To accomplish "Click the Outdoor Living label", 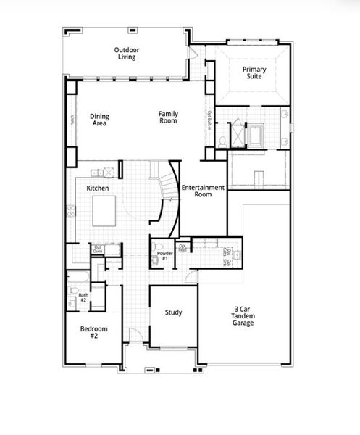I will point(127,53).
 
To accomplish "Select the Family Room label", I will point(169,117).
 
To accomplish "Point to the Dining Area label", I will point(100,120).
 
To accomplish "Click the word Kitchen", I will point(98,188).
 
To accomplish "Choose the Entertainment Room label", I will point(203,191).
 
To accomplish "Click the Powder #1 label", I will point(163,256).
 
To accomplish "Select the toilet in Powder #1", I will point(155,259).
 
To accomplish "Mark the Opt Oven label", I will point(98,250).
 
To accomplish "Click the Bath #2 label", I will point(83,297).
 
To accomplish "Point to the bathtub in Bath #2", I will point(77,279).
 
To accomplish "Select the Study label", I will point(173,313).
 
